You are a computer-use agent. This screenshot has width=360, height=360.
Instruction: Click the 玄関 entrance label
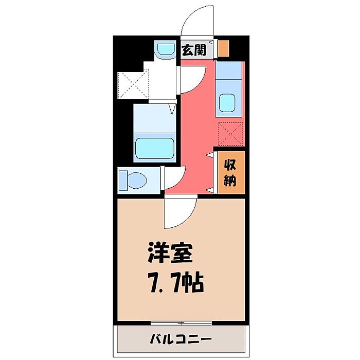(x=194, y=50)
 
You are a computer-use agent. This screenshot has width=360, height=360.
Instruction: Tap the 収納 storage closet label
(x=230, y=172)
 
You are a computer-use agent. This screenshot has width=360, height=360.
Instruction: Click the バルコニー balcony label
(x=181, y=339)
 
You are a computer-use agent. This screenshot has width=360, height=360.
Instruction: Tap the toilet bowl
(x=137, y=181)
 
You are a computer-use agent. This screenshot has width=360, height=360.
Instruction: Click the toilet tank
(x=123, y=181)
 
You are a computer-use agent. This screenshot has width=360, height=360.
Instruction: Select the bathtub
(x=154, y=148)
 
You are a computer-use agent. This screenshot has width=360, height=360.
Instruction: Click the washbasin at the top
(x=165, y=49)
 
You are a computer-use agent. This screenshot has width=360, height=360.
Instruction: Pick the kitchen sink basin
(x=227, y=103)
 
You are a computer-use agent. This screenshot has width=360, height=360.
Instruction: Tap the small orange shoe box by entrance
(x=223, y=48)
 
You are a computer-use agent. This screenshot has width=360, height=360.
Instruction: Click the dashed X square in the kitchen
(x=230, y=134)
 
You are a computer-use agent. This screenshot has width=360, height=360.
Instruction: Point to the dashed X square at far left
(x=133, y=85)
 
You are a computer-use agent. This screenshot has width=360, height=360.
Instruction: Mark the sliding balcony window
(x=181, y=323)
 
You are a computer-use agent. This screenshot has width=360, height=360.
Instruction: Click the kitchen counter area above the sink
(x=228, y=70)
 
